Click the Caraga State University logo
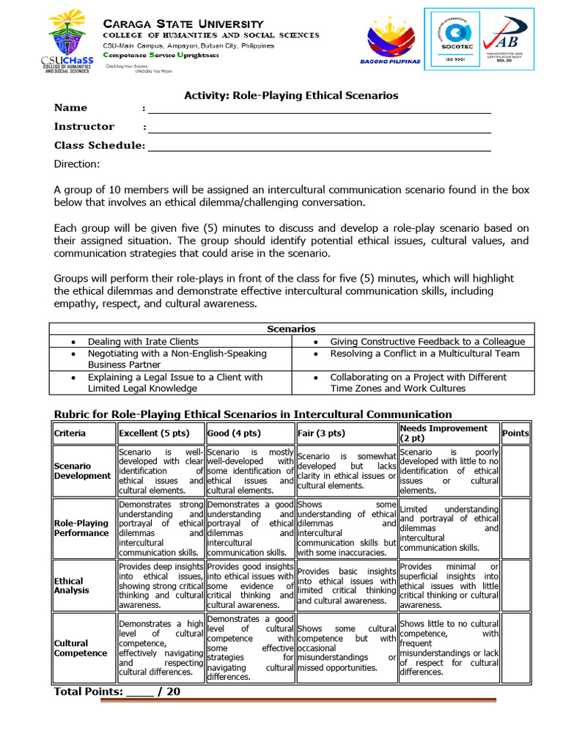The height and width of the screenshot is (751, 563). click(70, 41)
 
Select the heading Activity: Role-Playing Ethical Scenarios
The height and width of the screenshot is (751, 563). click(290, 95)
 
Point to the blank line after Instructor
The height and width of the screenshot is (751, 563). click(319, 128)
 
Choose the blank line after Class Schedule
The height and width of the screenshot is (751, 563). click(319, 147)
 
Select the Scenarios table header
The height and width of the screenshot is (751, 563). click(291, 329)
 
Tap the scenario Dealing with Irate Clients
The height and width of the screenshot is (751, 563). click(143, 342)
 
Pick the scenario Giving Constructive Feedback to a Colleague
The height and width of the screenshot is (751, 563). click(427, 342)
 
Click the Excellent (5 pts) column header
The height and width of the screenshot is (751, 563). click(149, 433)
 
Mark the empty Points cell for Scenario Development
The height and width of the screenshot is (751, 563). click(515, 471)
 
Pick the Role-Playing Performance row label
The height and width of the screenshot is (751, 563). click(81, 528)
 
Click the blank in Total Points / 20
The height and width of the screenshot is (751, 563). click(140, 692)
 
